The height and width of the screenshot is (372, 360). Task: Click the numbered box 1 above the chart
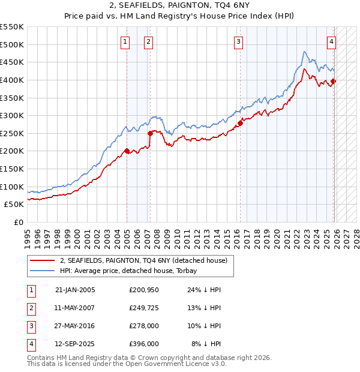coord(125,41)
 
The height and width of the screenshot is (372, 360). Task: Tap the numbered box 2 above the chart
coord(148,41)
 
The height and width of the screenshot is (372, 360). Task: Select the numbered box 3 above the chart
coord(239,41)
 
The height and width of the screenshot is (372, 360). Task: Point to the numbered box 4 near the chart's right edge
coord(331,41)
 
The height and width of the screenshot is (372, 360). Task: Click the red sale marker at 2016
coord(240,123)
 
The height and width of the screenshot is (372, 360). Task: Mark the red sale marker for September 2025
coord(334,81)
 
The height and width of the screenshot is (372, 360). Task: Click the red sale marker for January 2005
coord(127,151)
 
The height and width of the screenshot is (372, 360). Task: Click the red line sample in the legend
coord(42,261)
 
